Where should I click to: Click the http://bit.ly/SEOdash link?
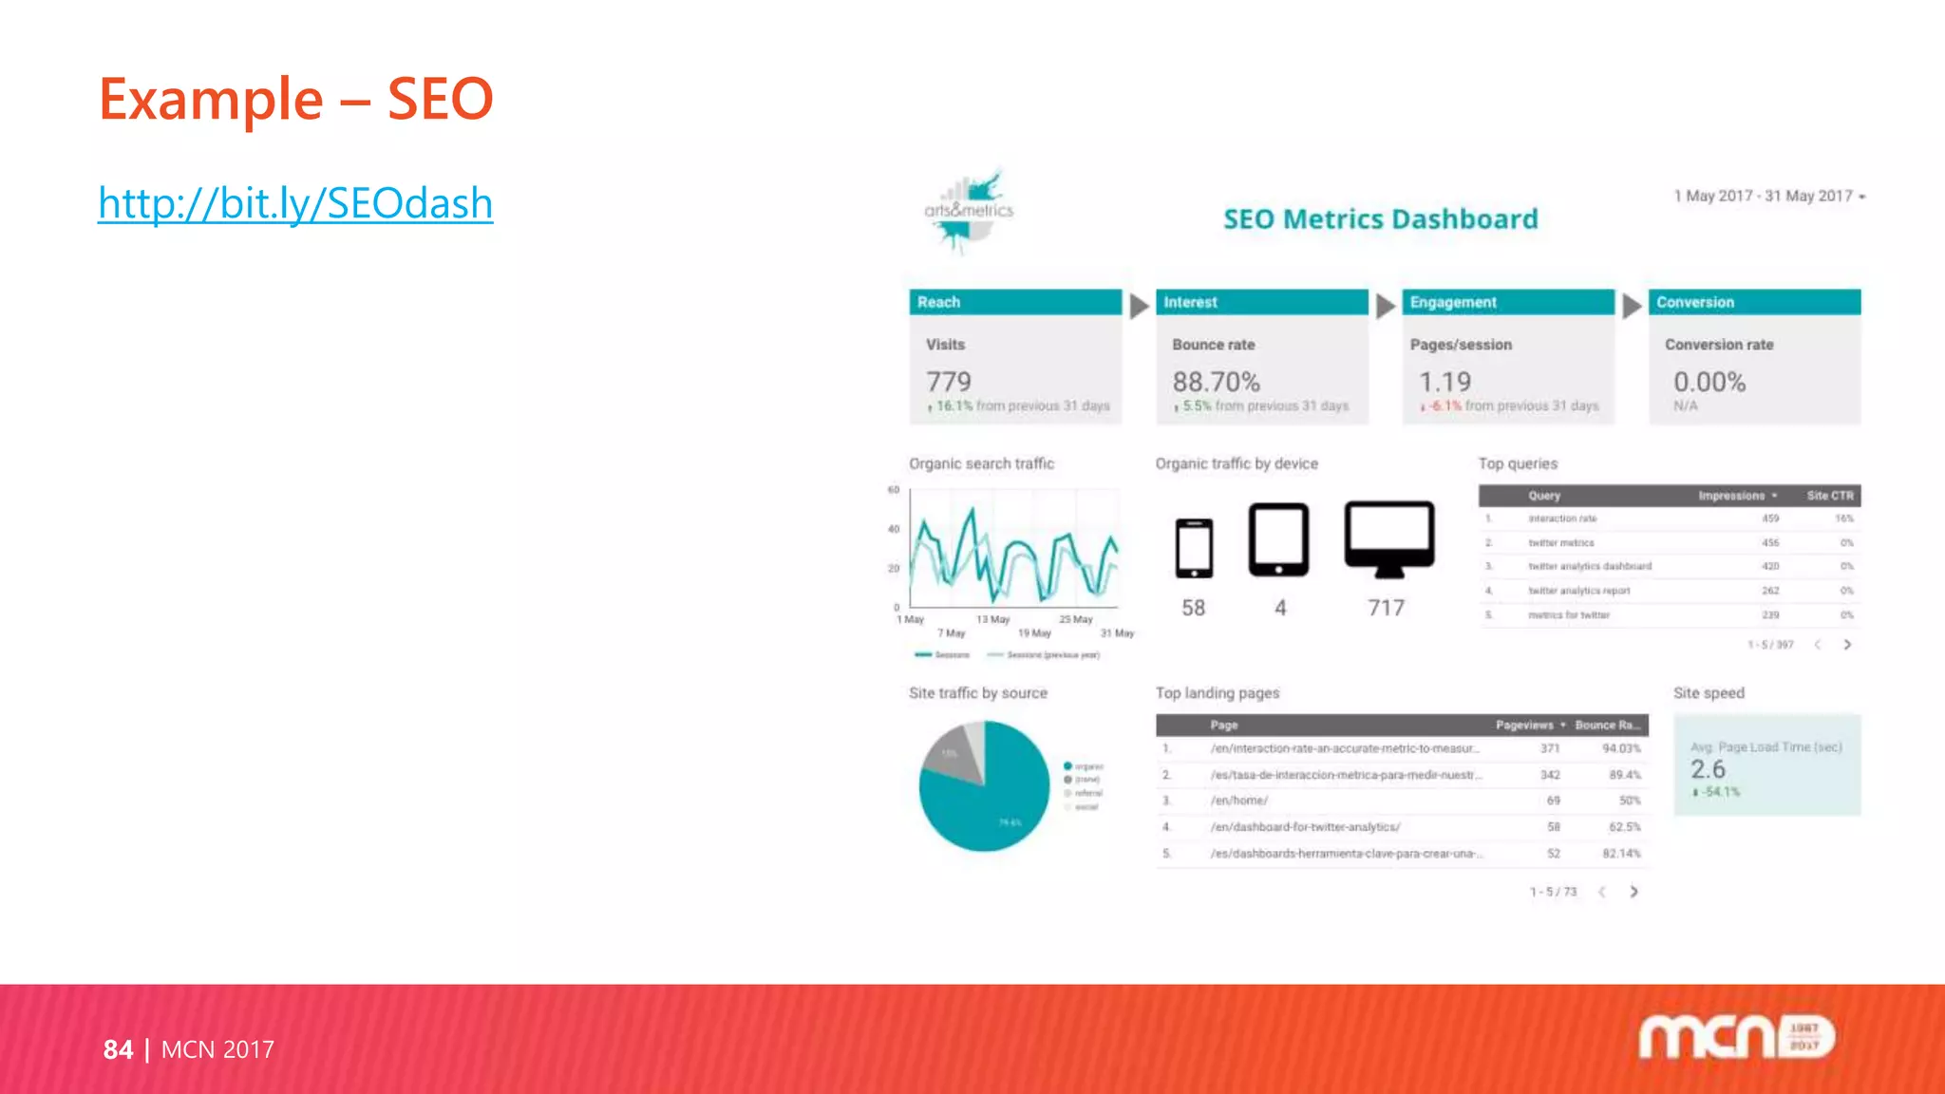[x=295, y=203]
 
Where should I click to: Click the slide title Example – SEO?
[x=296, y=99]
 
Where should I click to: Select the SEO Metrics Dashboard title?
[x=1380, y=219]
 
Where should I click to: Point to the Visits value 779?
[x=949, y=382]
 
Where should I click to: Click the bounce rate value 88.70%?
[x=1216, y=382]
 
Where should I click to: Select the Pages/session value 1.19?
[x=1445, y=382]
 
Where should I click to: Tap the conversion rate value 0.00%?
[x=1709, y=382]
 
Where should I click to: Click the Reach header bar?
[x=1014, y=302]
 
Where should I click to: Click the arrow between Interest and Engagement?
[x=1386, y=306]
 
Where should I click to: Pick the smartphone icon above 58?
[x=1194, y=548]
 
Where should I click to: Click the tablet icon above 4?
[x=1278, y=539]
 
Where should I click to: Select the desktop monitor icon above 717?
[x=1388, y=538]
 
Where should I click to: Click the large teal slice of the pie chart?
[x=997, y=802]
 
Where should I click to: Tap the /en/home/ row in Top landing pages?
[x=1238, y=801]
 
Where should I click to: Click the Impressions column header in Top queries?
[x=1732, y=496]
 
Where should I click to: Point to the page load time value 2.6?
[x=1708, y=769]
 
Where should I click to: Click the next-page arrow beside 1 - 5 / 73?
[x=1633, y=892]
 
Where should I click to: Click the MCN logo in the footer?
[x=1735, y=1036]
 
